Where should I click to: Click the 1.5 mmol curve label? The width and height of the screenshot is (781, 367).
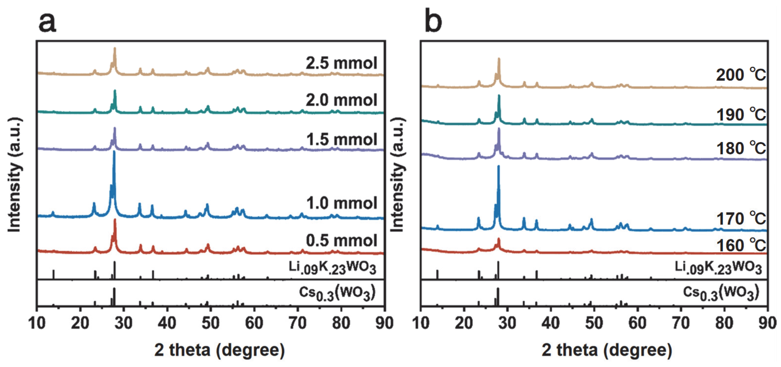[x=342, y=139]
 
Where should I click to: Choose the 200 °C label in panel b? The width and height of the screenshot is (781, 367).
[x=741, y=75]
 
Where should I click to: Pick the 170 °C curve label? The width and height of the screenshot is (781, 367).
[x=741, y=219]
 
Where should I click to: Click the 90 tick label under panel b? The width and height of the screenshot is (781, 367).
[x=767, y=323]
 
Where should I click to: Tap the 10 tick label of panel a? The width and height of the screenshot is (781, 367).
[x=37, y=323]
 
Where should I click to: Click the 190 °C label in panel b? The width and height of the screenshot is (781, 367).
[x=741, y=115]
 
